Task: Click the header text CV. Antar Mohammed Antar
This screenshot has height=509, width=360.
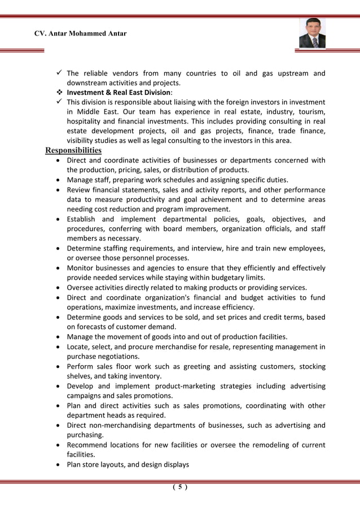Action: (80, 34)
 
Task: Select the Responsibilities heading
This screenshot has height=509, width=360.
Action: (73, 150)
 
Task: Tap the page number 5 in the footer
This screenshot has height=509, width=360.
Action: (179, 488)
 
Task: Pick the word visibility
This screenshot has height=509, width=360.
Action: (82, 141)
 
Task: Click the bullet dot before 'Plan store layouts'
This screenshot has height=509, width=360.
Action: (59, 465)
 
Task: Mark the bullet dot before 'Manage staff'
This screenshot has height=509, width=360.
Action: (59, 180)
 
